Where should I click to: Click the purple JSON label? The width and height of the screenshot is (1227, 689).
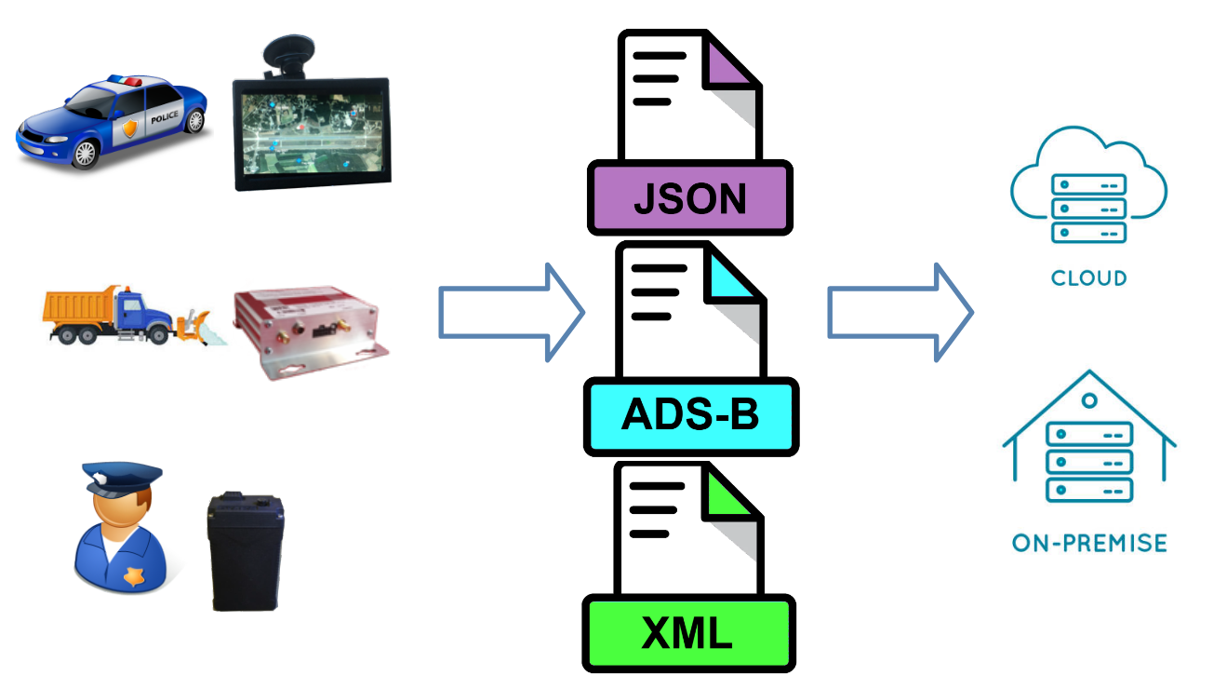point(690,197)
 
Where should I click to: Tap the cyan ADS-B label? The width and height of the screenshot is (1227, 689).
point(690,416)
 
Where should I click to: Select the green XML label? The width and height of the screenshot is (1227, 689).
point(688,633)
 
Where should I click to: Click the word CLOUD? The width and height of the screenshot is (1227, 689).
point(1088,277)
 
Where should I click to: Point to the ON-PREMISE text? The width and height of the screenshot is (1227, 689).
point(1089,542)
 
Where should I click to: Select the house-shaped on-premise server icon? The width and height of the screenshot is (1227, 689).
point(1088,442)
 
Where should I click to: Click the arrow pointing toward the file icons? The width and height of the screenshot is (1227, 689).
point(511,313)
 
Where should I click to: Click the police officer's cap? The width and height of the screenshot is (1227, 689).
point(121,478)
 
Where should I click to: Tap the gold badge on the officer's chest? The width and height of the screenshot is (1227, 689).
point(136,577)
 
